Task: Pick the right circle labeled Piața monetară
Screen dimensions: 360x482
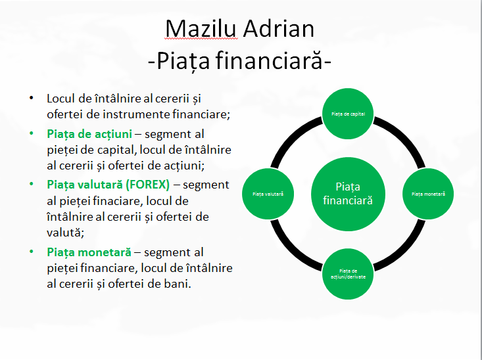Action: tap(428, 194)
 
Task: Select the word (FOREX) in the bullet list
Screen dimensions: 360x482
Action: tap(146, 184)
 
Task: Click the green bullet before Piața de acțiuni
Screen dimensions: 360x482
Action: tap(30, 133)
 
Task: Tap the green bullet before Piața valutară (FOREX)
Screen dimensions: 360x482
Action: tap(30, 184)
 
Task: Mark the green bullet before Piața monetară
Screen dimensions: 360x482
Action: tap(30, 252)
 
